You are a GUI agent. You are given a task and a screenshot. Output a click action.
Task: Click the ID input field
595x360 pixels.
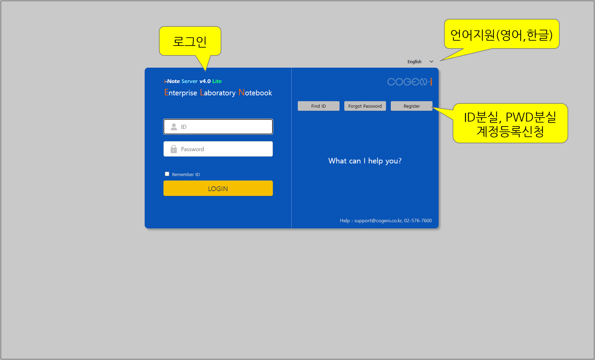coord(218,126)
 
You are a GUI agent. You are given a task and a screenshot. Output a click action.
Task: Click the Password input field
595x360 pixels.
coord(218,149)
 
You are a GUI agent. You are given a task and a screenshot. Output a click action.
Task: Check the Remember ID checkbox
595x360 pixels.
coord(167,174)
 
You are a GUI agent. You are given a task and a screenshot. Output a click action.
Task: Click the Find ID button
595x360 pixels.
coord(318,106)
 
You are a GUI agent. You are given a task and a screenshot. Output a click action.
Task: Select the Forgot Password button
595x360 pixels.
coord(365,106)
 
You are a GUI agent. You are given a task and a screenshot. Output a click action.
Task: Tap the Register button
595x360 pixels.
coord(412,106)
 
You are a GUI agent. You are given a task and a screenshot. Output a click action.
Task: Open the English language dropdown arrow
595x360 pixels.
coord(431,62)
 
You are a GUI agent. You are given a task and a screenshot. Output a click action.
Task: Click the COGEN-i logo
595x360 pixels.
coord(410,82)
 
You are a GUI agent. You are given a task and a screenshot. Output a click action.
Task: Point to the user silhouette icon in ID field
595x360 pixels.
coord(174,127)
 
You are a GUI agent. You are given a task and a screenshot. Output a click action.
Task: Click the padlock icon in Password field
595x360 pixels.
coord(174,149)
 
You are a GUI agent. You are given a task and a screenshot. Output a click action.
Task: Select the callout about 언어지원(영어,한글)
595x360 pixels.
coord(502,34)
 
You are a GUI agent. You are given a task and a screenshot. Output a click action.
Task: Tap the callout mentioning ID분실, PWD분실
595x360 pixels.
coord(510,124)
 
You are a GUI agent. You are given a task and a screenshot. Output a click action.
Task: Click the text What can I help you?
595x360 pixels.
coord(365,161)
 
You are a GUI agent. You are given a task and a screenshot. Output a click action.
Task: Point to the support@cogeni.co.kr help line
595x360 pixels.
coord(386,221)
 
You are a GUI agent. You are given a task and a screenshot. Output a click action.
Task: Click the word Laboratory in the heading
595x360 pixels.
coord(218,93)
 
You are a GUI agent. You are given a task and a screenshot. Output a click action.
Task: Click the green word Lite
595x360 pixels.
coord(217,81)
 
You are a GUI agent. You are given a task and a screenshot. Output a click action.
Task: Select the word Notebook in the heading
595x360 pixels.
coord(255,93)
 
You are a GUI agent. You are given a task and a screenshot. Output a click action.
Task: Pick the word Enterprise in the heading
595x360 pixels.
coord(181,93)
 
